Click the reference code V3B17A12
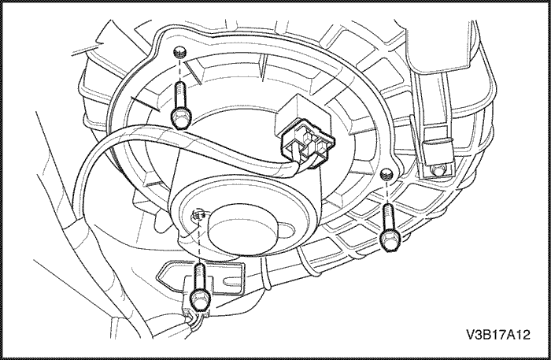(x=498, y=335)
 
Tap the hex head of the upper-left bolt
(x=181, y=118)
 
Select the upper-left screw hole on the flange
(x=180, y=52)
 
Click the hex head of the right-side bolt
(x=388, y=240)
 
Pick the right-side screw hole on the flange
(x=387, y=173)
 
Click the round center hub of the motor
(x=242, y=229)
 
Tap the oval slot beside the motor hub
(x=287, y=230)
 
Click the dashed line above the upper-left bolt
(x=179, y=69)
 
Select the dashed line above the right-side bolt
(x=387, y=191)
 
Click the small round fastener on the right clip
(x=438, y=170)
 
